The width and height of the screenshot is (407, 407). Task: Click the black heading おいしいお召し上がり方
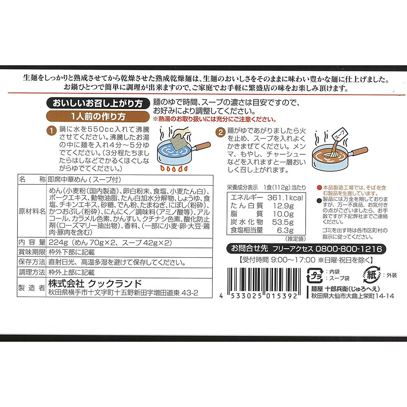tap(98, 103)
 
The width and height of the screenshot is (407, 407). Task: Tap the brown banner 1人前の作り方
tap(98, 116)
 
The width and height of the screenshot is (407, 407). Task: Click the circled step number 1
tap(52, 131)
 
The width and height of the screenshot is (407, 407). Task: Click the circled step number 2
tap(220, 132)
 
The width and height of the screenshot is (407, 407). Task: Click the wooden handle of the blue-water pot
tap(203, 146)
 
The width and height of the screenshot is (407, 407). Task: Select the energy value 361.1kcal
tap(285, 198)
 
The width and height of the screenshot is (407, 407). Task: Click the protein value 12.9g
tap(283, 206)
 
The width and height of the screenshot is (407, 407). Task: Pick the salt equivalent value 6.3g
tap(285, 230)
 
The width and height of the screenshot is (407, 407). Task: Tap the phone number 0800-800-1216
tap(349, 249)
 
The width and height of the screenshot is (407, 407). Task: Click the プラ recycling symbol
tap(315, 276)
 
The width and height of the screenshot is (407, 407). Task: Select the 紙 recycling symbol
tap(372, 275)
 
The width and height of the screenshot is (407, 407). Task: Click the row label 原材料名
tap(32, 211)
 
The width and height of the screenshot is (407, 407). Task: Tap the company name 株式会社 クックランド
tap(95, 283)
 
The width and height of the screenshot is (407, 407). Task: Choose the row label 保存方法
tap(32, 262)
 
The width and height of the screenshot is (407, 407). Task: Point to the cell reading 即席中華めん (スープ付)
tap(84, 179)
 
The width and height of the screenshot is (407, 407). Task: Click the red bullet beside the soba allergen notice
tap(319, 188)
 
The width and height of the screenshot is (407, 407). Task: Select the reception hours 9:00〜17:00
tap(293, 260)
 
